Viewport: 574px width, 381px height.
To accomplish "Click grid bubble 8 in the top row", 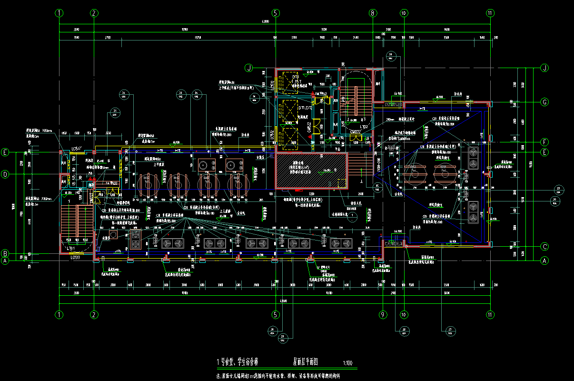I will [373, 13].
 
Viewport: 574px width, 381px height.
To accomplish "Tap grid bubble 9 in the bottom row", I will [382, 315].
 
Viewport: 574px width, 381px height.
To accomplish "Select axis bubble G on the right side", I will [544, 102].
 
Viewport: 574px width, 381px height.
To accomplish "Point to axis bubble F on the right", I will [544, 142].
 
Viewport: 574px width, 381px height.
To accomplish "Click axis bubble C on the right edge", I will [544, 247].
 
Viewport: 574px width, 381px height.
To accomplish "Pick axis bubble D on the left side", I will [5, 175].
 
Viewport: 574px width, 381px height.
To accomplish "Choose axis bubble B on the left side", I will [5, 253].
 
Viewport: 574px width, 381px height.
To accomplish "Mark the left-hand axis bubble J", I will [248, 68].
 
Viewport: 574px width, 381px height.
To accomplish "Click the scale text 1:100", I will [347, 364].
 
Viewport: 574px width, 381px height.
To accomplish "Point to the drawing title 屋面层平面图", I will [305, 362].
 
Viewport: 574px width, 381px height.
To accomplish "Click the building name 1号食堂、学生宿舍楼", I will [238, 362].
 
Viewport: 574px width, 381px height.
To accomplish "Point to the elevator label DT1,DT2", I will [292, 108].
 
